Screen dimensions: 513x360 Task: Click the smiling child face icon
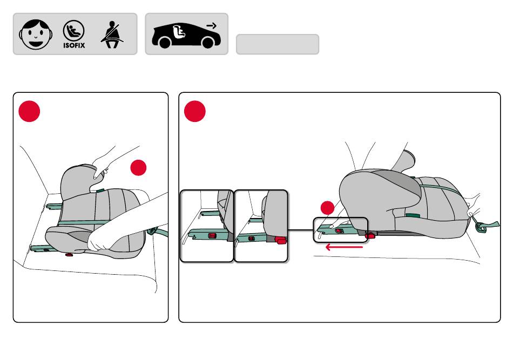coord(36,35)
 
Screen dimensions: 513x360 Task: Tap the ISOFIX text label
coord(74,45)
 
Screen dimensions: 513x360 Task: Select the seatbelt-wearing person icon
coord(112,35)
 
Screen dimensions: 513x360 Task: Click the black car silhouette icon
coord(186,36)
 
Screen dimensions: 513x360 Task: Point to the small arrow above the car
coord(212,25)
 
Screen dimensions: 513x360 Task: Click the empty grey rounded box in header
coord(278,44)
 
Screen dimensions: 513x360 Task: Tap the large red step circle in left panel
coord(30,111)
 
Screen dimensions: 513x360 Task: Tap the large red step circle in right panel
coord(194,111)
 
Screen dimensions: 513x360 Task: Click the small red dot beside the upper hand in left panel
coord(138,167)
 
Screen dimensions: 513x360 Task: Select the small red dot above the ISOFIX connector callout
coord(327,208)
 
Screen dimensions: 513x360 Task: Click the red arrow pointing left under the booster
coord(344,247)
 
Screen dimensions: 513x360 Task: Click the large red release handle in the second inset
coord(281,240)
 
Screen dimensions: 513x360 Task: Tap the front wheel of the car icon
coord(208,43)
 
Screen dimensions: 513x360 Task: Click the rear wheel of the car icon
coord(165,43)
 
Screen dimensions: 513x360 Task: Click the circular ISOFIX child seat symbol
coord(73,31)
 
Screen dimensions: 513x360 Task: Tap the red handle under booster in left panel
coord(69,254)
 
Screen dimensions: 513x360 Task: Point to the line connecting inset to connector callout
coord(300,230)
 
